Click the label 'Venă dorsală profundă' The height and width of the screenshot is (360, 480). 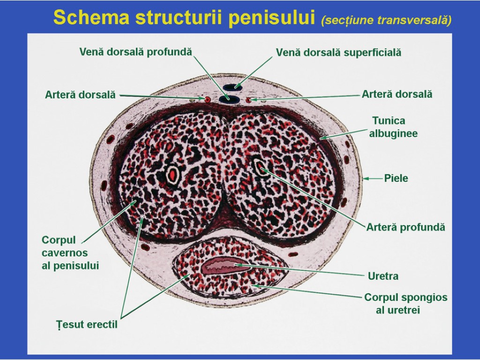[135, 52]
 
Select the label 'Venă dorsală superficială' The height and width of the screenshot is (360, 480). [338, 52]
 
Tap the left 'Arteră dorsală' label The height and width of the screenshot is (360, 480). [80, 95]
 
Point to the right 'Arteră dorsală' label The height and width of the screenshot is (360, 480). [397, 94]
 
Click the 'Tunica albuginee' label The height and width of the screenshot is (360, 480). [393, 127]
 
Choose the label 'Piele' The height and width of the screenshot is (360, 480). [396, 178]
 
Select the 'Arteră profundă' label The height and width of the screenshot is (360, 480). [405, 227]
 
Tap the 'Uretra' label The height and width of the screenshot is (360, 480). [383, 276]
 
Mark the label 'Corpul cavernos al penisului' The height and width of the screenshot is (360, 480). [70, 253]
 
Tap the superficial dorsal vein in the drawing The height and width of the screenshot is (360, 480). [232, 87]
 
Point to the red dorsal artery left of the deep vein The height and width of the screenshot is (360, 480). [206, 99]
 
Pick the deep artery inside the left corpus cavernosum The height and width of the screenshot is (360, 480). [173, 175]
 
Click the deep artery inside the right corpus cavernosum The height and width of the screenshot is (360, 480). [260, 167]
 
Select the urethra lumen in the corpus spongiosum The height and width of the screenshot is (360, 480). [224, 266]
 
